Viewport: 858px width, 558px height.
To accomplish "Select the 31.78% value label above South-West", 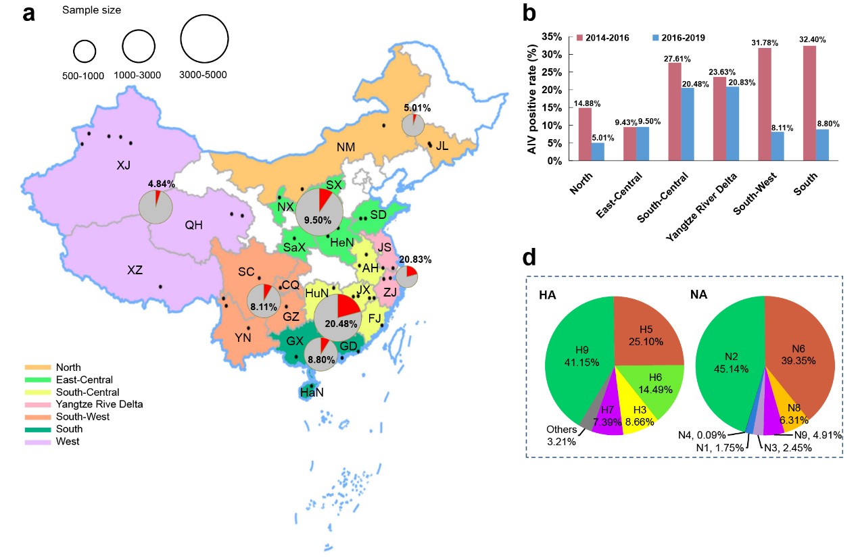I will pyautogui.click(x=764, y=43).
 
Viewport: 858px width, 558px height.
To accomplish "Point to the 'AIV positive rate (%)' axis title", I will pyautogui.click(x=534, y=97).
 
